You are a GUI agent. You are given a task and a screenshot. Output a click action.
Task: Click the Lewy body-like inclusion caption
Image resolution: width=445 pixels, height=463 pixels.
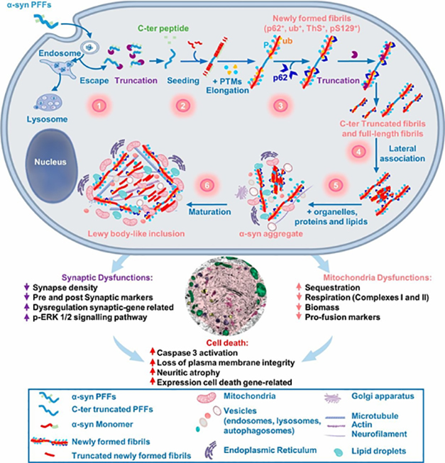point(138,233)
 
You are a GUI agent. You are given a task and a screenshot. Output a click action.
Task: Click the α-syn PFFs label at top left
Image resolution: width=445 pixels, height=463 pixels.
point(25,6)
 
